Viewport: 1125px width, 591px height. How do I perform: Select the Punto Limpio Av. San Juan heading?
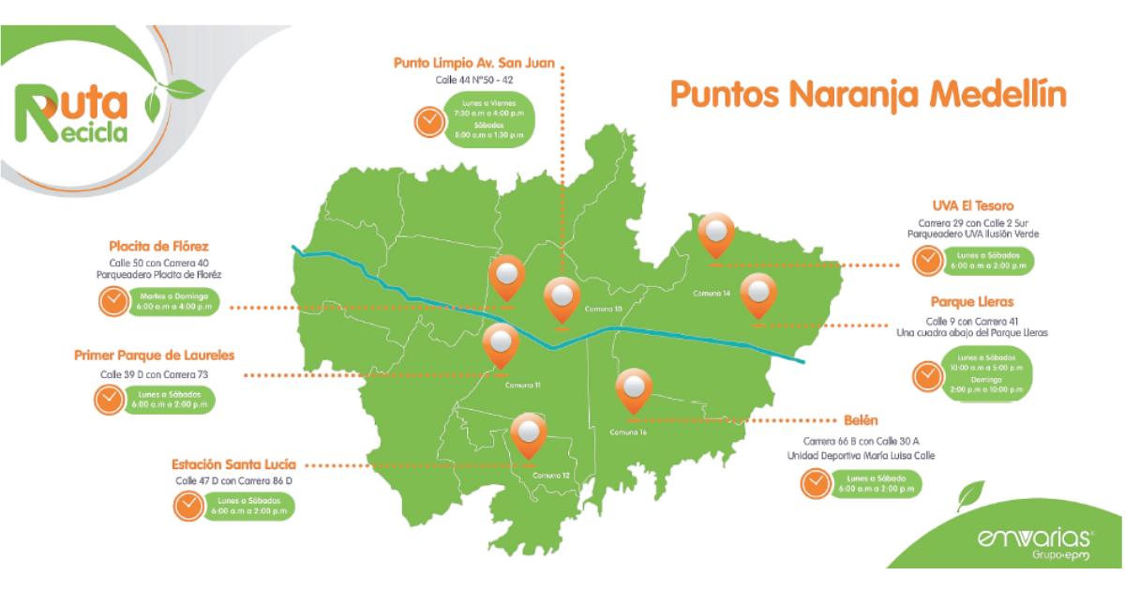pos(474,64)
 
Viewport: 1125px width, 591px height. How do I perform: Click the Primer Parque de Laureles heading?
pos(154,356)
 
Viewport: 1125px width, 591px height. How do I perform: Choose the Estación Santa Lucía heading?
pos(233,463)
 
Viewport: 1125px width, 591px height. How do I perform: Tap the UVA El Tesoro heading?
pos(972,205)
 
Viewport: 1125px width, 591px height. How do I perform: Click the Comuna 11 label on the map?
pos(522,386)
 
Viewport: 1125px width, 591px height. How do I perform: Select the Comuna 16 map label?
pos(628,432)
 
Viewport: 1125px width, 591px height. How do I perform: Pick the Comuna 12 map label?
pos(552,476)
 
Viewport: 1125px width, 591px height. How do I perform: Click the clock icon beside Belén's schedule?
pos(815,484)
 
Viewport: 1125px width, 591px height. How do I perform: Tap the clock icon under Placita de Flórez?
pos(112,301)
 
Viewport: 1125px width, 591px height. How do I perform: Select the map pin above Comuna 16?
pos(634,391)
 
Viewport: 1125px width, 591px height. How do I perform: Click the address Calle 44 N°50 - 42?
pos(474,81)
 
